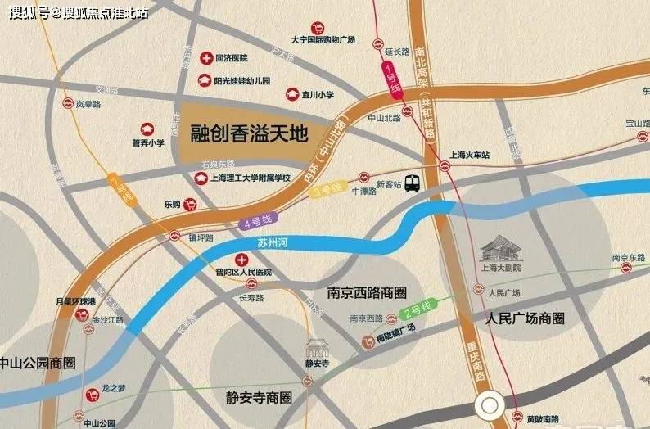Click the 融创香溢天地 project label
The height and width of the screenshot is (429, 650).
247,131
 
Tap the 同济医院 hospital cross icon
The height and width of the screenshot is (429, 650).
206,58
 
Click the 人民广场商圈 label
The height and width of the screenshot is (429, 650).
525,317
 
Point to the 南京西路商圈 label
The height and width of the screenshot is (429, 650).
366,292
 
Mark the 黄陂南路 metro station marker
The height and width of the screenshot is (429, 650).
512,419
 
